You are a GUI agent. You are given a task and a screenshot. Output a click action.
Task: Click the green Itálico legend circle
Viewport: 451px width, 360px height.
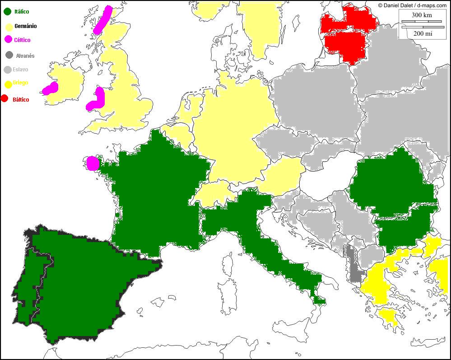pos(7,11)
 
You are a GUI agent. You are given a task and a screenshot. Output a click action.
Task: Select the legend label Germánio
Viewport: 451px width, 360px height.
pos(25,26)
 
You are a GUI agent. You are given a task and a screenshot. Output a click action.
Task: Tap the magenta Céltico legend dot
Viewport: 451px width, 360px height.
pos(7,40)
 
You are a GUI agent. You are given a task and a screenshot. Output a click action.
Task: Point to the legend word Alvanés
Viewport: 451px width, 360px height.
pos(25,56)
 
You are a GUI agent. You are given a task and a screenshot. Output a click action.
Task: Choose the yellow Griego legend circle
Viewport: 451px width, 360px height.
pos(7,84)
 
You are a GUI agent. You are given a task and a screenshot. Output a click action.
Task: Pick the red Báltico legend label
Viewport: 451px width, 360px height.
pos(21,99)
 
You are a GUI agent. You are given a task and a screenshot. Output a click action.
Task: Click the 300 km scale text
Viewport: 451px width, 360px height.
pos(422,15)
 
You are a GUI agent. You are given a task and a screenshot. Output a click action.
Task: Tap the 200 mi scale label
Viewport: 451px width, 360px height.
pos(422,33)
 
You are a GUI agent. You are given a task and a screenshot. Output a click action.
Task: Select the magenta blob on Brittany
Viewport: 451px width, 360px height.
pos(93,163)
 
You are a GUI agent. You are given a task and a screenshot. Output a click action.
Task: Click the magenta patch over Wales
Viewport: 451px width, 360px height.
pos(97,100)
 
